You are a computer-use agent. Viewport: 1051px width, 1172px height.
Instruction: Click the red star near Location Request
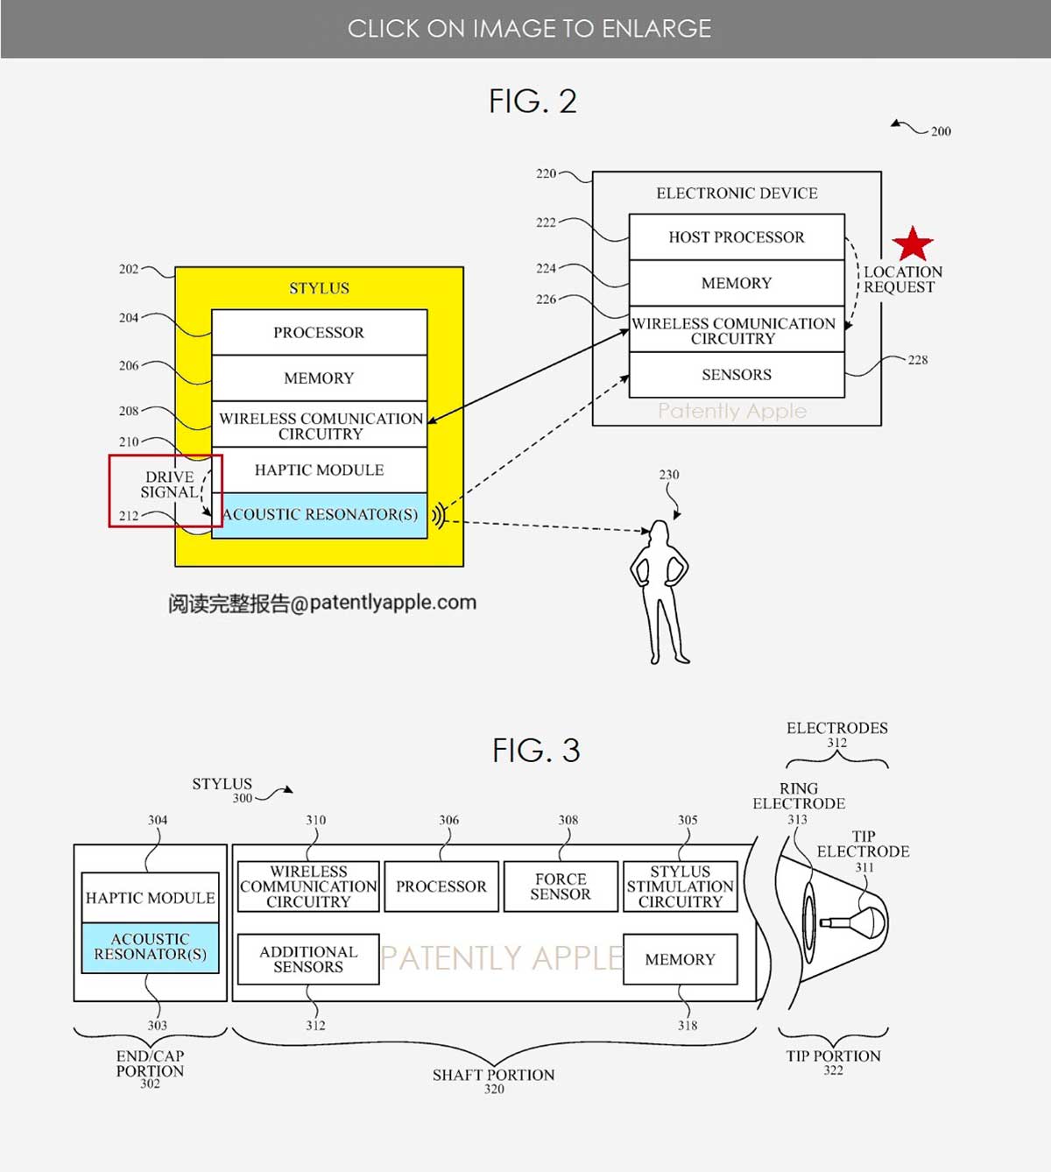[912, 244]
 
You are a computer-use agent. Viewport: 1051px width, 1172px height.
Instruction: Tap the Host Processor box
[737, 237]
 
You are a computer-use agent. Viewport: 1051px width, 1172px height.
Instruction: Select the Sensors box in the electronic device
[737, 375]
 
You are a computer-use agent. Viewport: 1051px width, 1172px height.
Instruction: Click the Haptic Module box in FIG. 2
[319, 470]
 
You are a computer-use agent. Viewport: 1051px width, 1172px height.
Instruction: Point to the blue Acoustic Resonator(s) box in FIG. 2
[320, 515]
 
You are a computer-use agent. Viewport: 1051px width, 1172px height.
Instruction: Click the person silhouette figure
[660, 591]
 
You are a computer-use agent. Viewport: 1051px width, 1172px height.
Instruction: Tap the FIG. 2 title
[533, 102]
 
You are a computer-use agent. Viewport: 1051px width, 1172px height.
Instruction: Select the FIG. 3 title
[536, 751]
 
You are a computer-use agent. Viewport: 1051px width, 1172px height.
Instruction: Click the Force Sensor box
[561, 886]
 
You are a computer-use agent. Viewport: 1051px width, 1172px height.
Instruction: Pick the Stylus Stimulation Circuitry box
[680, 886]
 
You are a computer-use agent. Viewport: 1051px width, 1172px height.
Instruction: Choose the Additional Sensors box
[308, 959]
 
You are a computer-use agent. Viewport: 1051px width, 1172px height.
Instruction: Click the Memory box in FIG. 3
[680, 960]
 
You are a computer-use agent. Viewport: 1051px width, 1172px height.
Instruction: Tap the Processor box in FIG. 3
[441, 886]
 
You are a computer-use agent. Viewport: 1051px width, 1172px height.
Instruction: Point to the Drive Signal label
[169, 484]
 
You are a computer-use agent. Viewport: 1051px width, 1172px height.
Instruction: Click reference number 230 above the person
[668, 475]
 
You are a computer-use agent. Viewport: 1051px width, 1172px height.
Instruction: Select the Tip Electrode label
[863, 844]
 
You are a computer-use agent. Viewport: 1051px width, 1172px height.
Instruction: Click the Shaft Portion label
[493, 1075]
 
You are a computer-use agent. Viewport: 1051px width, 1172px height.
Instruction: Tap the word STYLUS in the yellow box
[319, 288]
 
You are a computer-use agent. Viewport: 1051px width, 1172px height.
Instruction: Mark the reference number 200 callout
[941, 131]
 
